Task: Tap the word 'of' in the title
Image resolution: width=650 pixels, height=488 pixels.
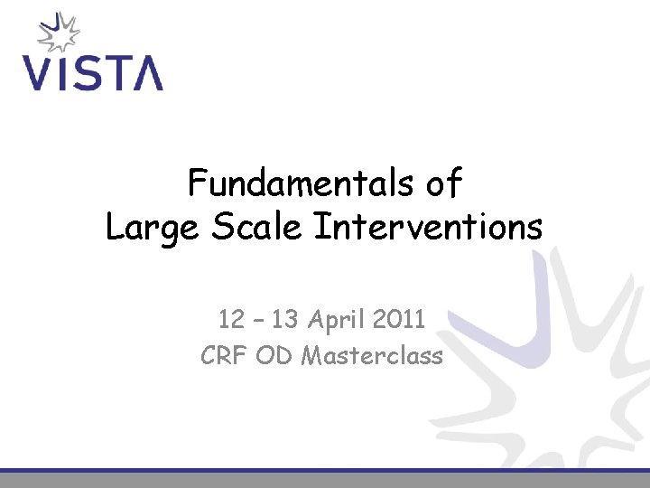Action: pos(442,184)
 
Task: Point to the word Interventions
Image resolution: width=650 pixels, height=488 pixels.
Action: pos(427,227)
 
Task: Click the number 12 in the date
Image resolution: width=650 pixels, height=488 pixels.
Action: pos(230,319)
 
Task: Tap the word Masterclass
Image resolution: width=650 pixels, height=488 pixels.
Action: pos(372,356)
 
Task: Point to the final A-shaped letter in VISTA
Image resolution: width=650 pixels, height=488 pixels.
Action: pos(145,72)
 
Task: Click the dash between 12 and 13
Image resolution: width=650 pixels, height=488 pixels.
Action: pos(257,319)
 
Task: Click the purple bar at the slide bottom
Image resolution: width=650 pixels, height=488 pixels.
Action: pos(325,471)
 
